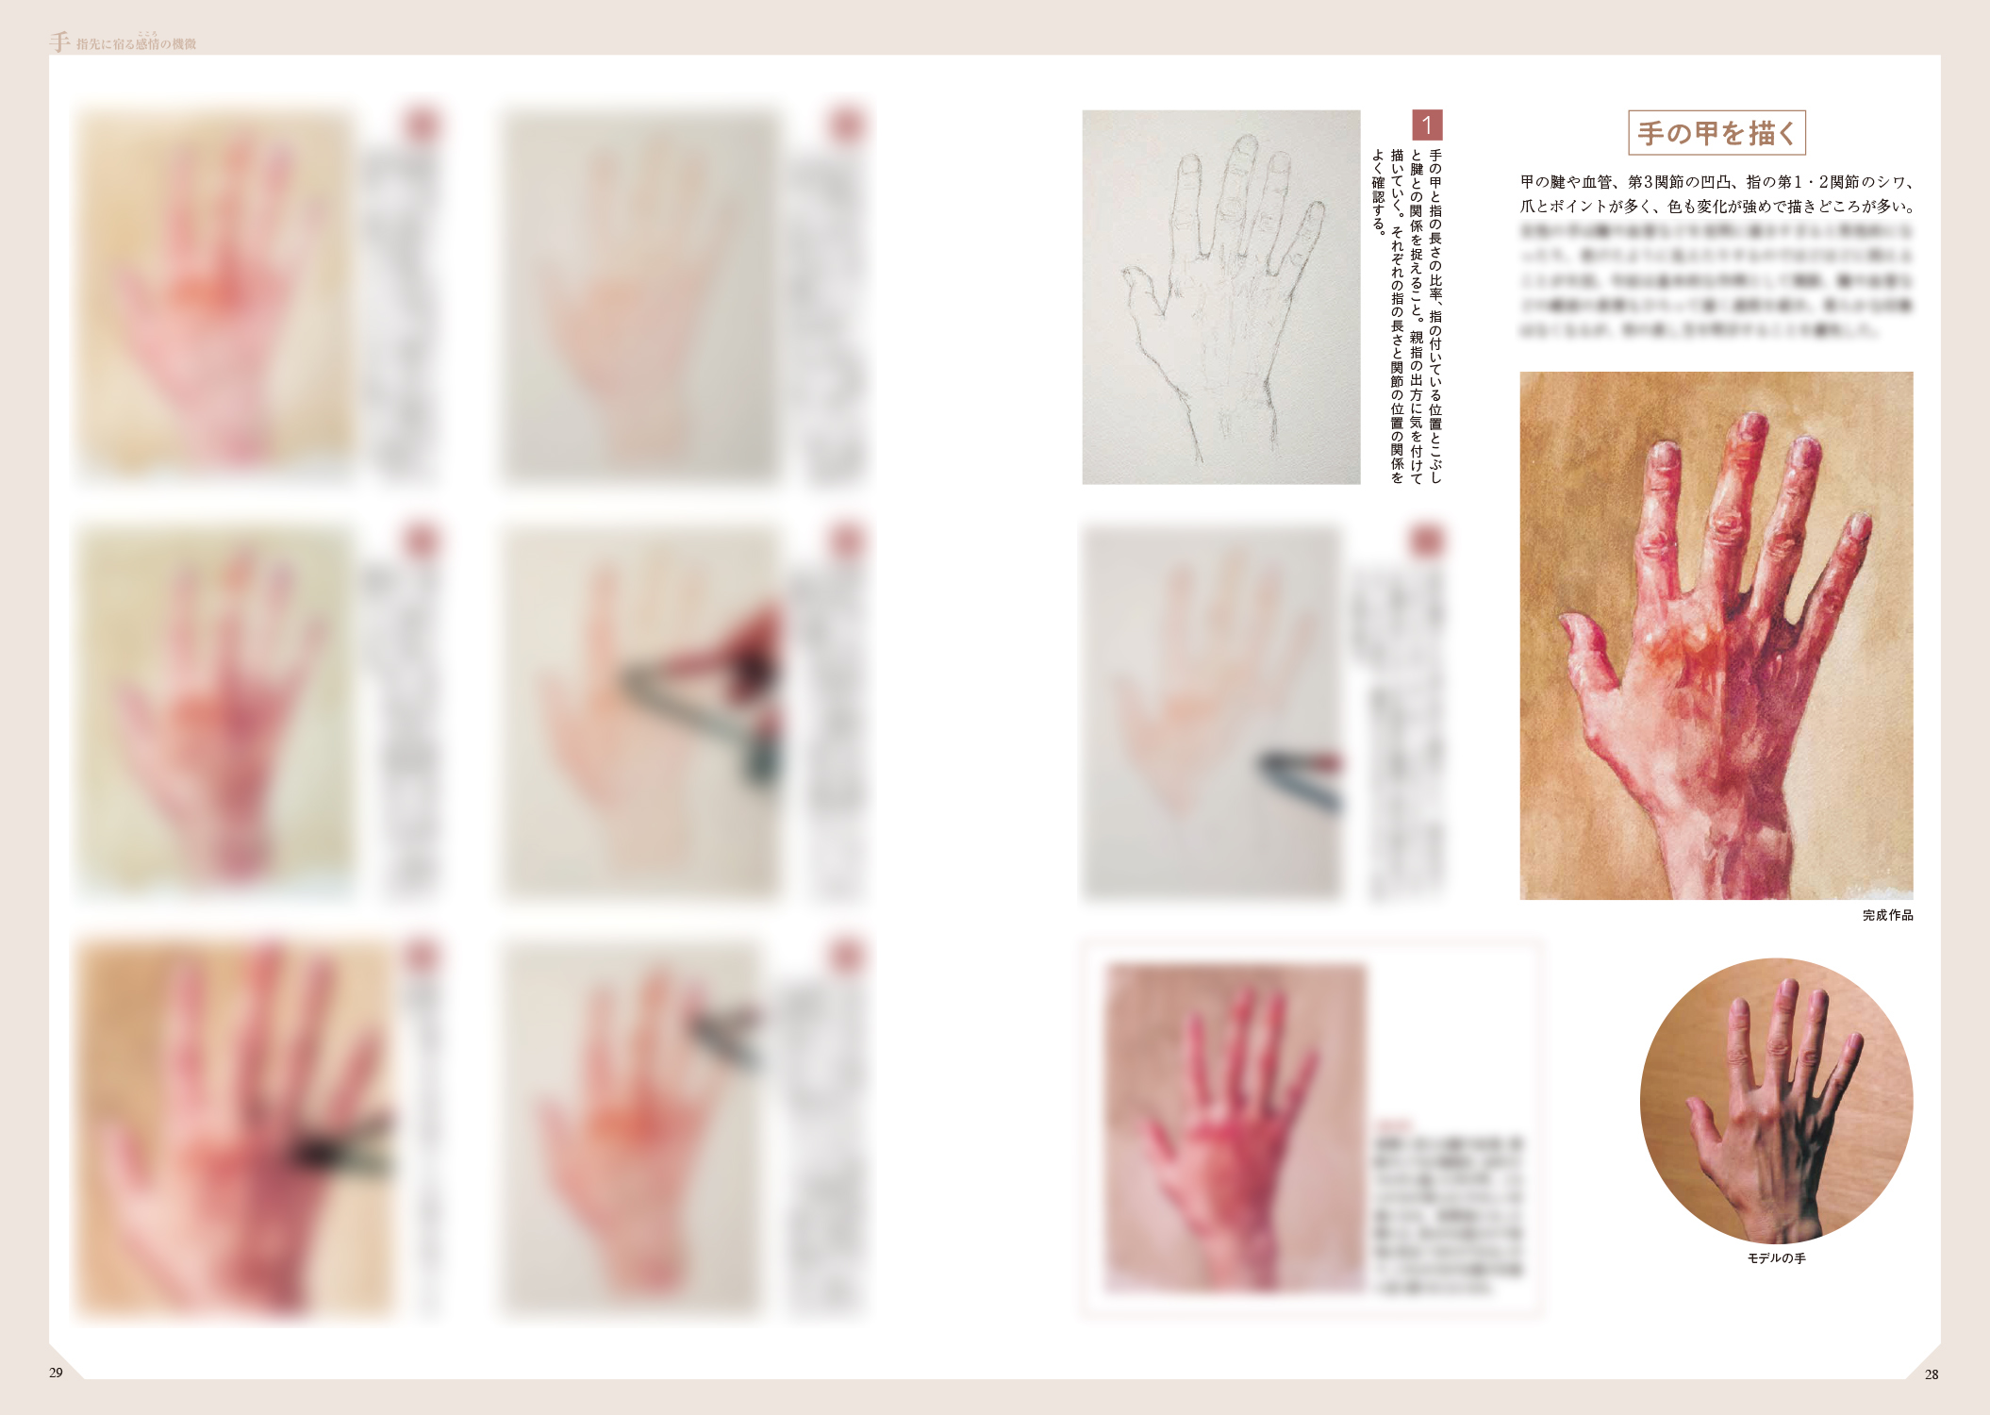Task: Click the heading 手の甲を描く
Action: pyautogui.click(x=1716, y=133)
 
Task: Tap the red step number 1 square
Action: pyautogui.click(x=1426, y=125)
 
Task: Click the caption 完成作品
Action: pyautogui.click(x=1887, y=915)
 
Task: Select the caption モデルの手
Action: pyautogui.click(x=1776, y=1258)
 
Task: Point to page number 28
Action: pyautogui.click(x=1931, y=1374)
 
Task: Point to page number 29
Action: pyautogui.click(x=57, y=1373)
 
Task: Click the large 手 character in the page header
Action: pyautogui.click(x=59, y=42)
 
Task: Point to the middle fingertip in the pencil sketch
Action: pyautogui.click(x=1245, y=146)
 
